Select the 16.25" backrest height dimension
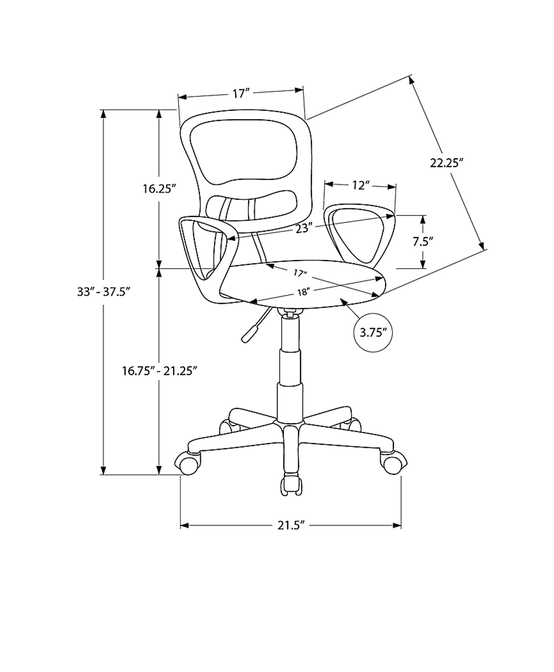159,189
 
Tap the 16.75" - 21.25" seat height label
159,371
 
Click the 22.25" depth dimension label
446,163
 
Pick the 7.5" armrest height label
423,242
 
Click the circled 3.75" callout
373,333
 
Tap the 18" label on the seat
304,292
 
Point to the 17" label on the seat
300,273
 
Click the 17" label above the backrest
241,94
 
